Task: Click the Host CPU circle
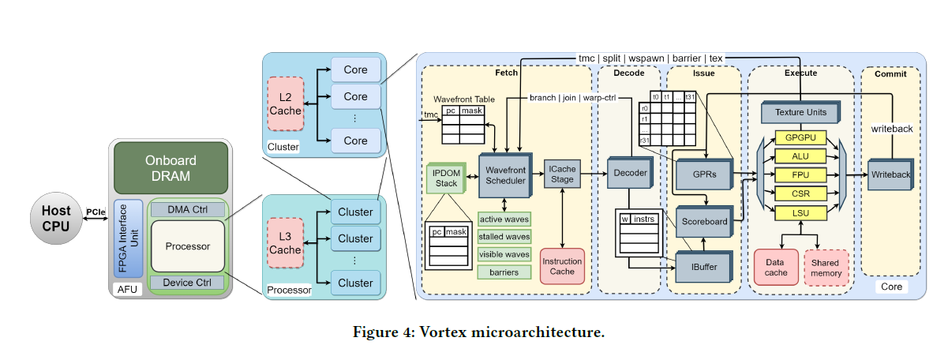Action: [x=56, y=218]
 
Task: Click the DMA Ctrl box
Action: [x=187, y=210]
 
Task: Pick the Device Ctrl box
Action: [x=187, y=283]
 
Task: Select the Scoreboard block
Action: [x=705, y=222]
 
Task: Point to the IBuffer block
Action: [x=705, y=267]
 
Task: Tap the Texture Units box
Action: [x=800, y=113]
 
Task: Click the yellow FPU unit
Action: [x=800, y=174]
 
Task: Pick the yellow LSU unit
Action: [x=800, y=212]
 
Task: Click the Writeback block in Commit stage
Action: [x=890, y=174]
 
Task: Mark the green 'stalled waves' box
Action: [x=504, y=236]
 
